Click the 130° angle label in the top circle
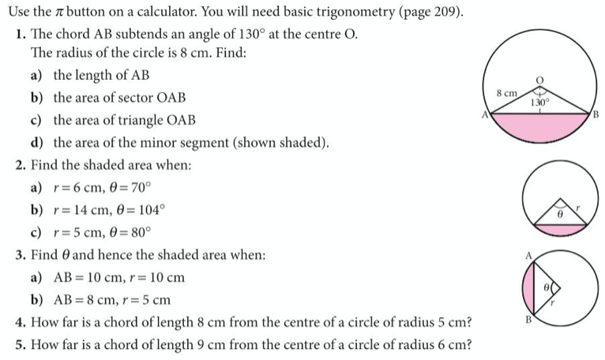pyautogui.click(x=539, y=103)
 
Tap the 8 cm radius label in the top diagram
pyautogui.click(x=506, y=94)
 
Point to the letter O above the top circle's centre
pyautogui.click(x=541, y=81)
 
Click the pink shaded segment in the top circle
pyautogui.click(x=540, y=126)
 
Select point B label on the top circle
pyautogui.click(x=596, y=116)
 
